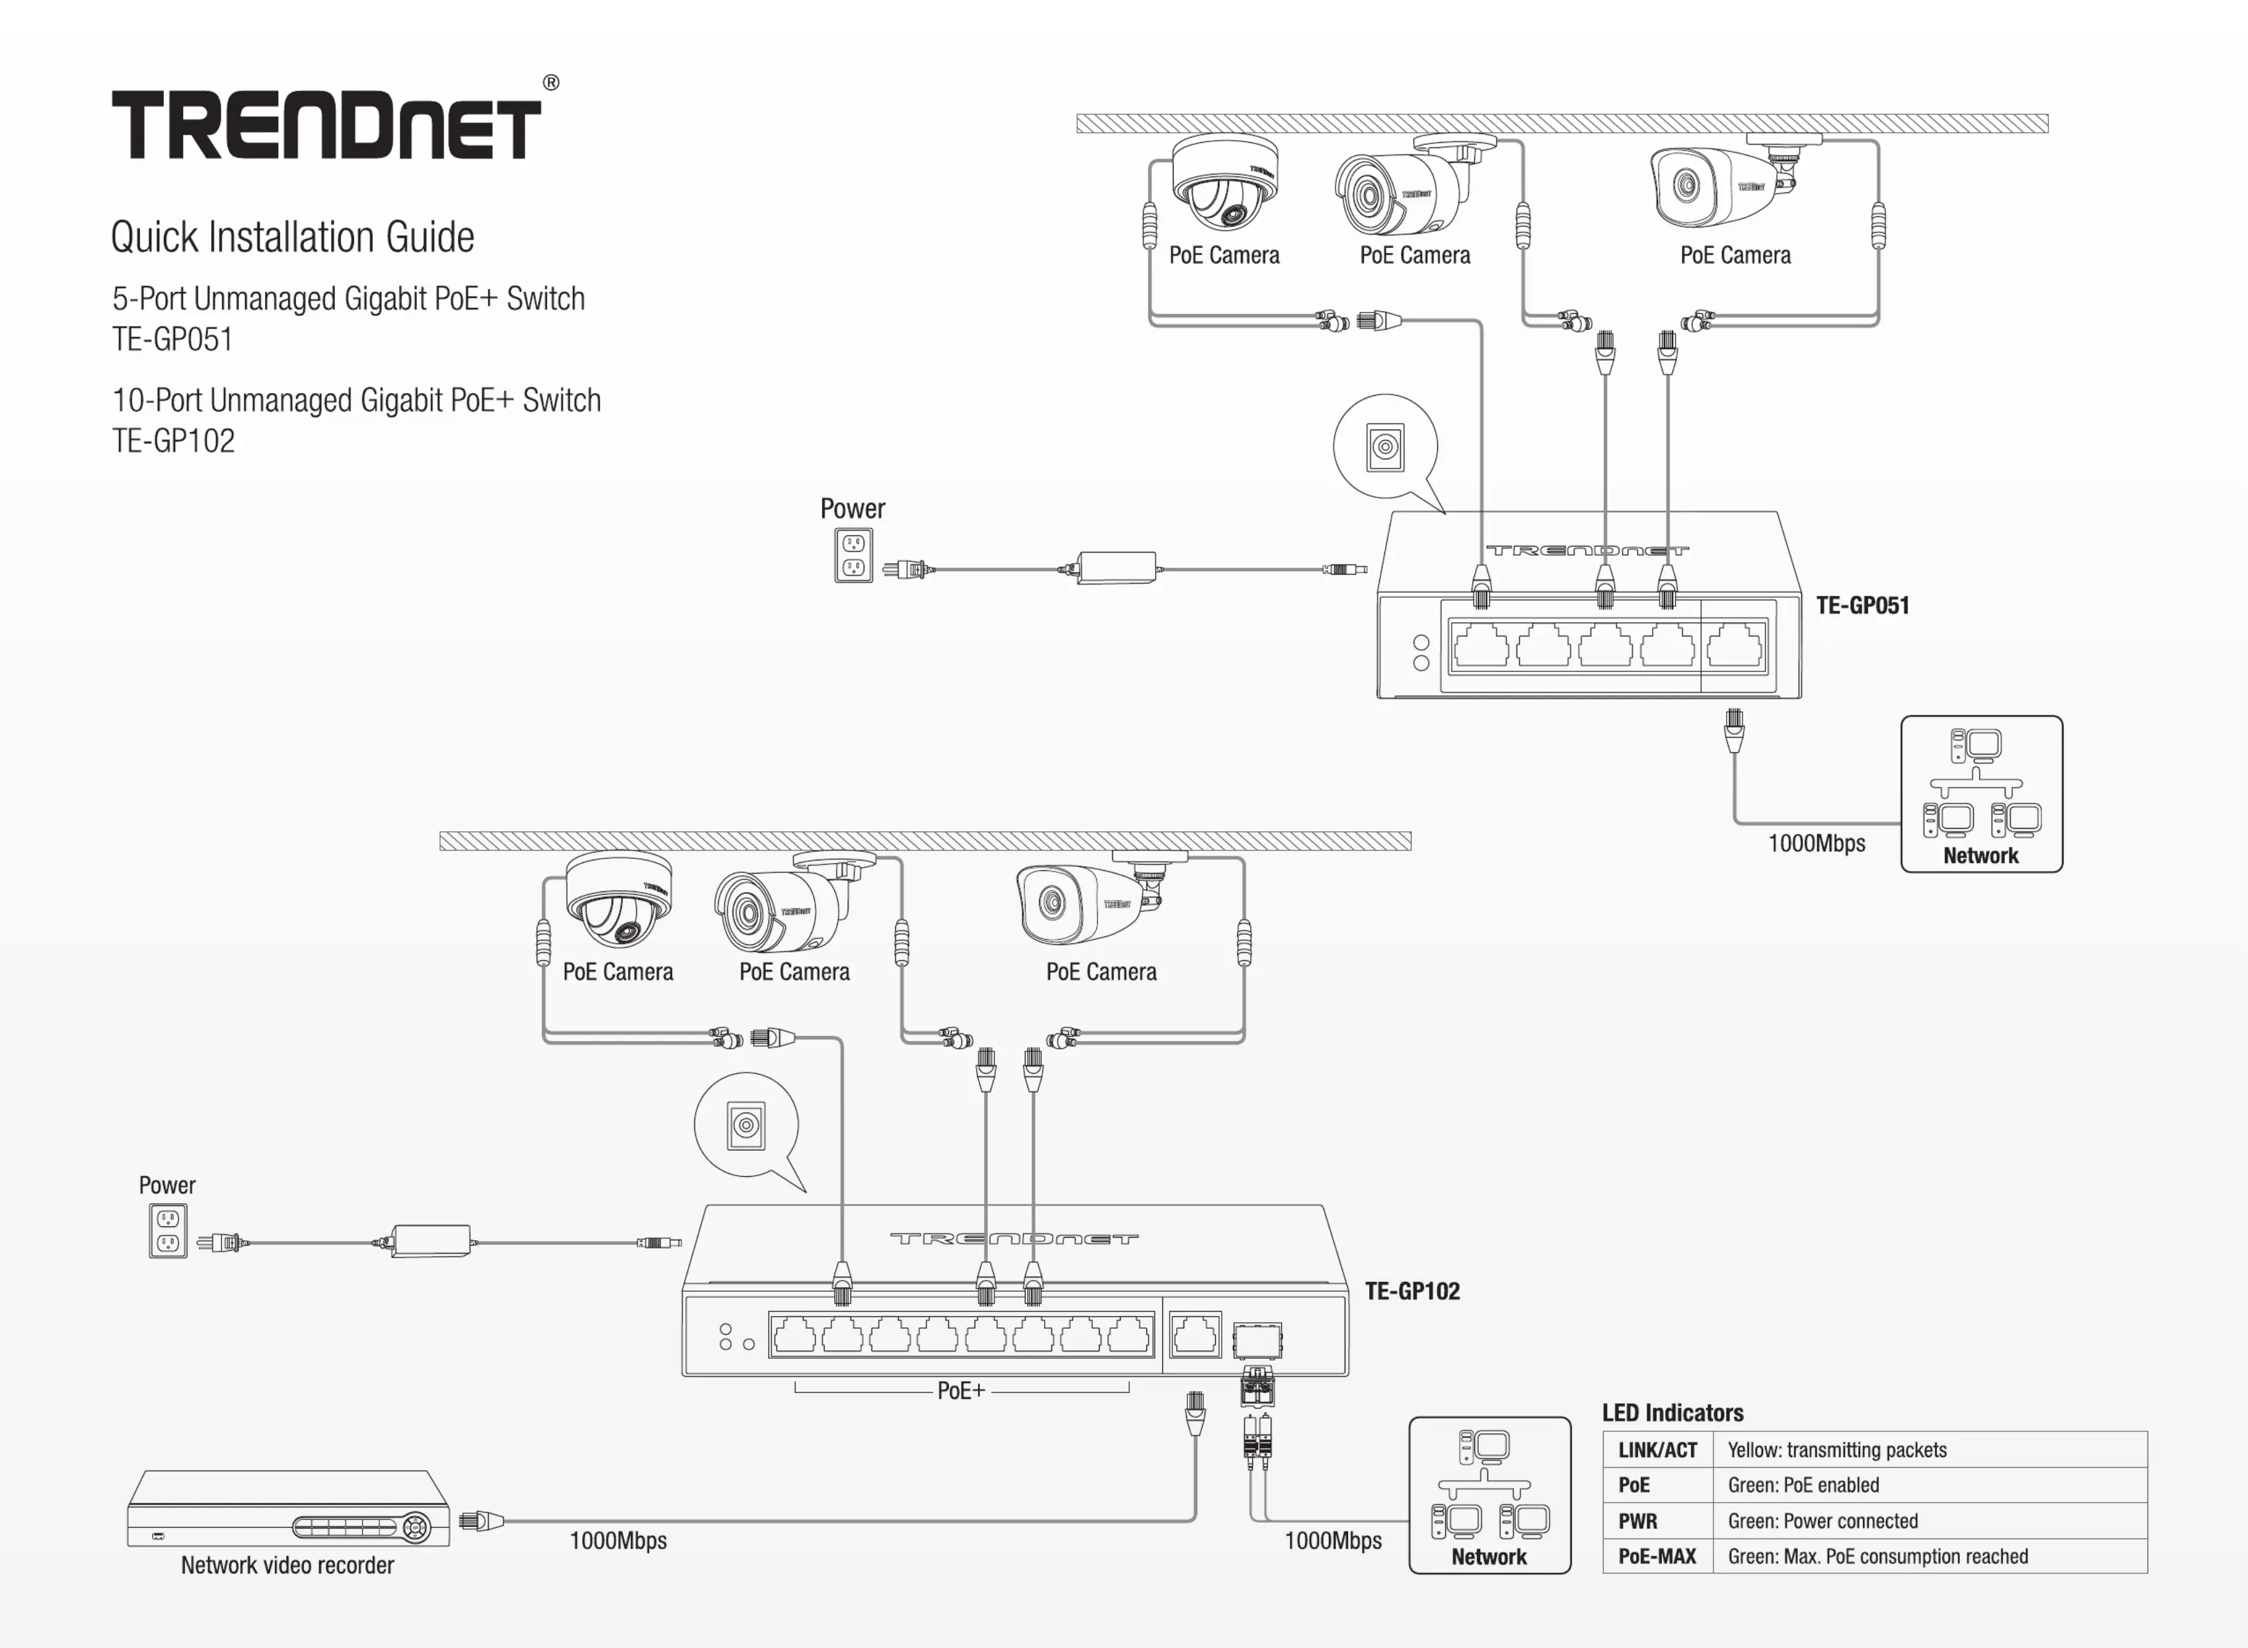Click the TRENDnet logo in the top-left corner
tap(326, 125)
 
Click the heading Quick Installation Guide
tap(292, 237)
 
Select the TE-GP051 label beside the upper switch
tap(1862, 605)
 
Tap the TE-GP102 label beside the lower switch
tap(1411, 1291)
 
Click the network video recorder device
tap(288, 1509)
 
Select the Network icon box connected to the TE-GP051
tap(1981, 794)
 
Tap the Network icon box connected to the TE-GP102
tap(1489, 1495)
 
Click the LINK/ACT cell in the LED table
tap(1657, 1450)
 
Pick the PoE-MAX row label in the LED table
tap(1657, 1556)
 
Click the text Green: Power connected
tap(1822, 1521)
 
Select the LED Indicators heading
tap(1672, 1413)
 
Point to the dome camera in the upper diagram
tap(1224, 184)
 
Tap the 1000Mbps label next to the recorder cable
tap(617, 1540)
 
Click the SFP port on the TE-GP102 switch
tap(1257, 1340)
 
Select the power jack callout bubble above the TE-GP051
tap(1385, 447)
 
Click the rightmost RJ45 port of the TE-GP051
tap(1735, 646)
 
